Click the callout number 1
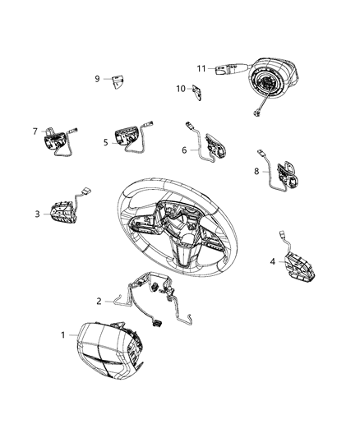point(62,334)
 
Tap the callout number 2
point(99,302)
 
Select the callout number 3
point(37,214)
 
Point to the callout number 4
point(272,261)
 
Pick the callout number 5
point(106,141)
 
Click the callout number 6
point(184,150)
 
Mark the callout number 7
point(35,131)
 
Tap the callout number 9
point(97,79)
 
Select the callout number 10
point(181,88)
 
